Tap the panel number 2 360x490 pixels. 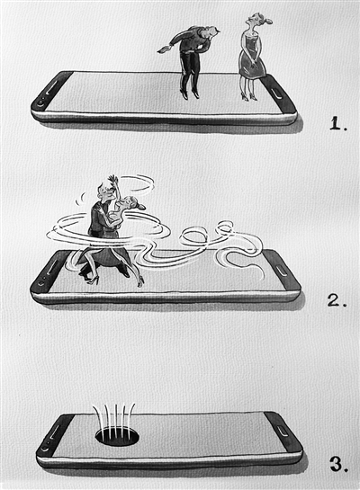(x=337, y=300)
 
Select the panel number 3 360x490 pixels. (x=339, y=464)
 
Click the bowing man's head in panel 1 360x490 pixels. (x=212, y=32)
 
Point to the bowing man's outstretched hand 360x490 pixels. (x=164, y=49)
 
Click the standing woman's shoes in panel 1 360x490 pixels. (x=249, y=97)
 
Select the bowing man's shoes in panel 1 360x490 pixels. (x=190, y=94)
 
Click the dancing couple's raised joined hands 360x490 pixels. (x=112, y=181)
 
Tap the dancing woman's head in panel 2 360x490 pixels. (x=131, y=203)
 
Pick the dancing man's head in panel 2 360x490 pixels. (x=104, y=192)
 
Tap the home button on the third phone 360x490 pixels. (x=283, y=432)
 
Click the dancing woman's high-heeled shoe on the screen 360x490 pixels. (x=140, y=281)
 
